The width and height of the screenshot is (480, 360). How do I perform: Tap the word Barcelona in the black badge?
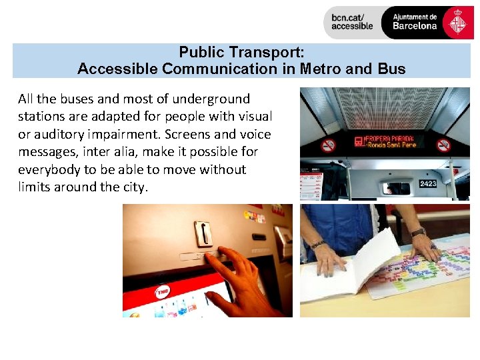point(415,26)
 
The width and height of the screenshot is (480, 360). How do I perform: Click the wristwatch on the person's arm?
point(418,232)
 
